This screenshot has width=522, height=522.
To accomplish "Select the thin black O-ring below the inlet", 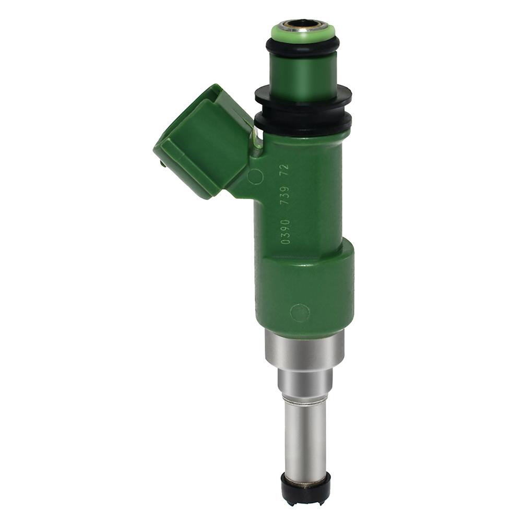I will (302, 46).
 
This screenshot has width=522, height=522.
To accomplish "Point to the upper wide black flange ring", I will (303, 97).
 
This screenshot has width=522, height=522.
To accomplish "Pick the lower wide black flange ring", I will (303, 122).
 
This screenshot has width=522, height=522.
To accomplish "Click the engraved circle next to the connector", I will (255, 177).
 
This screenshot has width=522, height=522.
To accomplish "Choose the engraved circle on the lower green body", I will (300, 312).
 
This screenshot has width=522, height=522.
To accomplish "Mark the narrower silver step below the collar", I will (305, 384).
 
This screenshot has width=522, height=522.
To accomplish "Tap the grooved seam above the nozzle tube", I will (305, 400).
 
